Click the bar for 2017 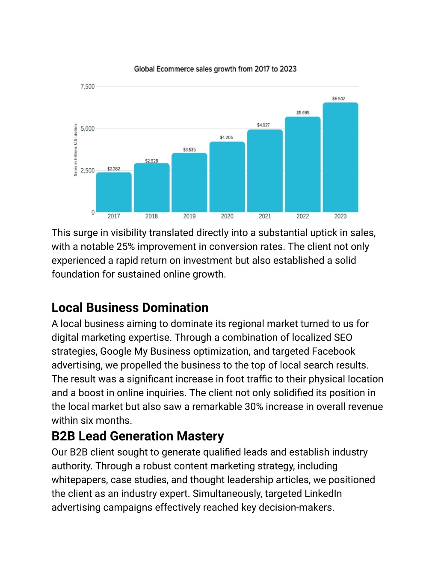coord(114,192)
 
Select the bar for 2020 coord(227,177)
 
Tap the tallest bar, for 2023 coord(340,157)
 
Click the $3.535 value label coord(189,149)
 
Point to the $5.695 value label coord(303,113)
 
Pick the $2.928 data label coord(151,161)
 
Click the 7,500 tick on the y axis coord(87,86)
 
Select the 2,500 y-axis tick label coord(87,170)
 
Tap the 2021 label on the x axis coord(265,216)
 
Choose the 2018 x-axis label coord(151,216)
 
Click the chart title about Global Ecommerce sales coord(215,69)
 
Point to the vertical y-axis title coord(76,150)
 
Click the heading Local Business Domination coord(130,307)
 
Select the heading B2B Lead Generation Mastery coord(138,436)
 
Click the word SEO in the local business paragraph coord(343,337)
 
